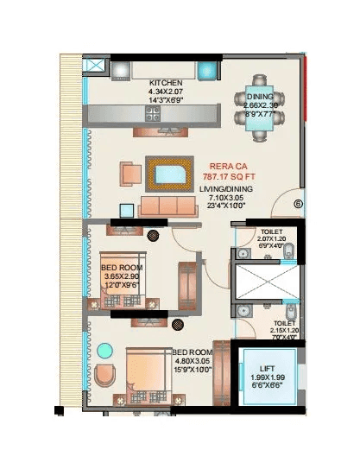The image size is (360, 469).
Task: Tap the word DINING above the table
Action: [x=260, y=96]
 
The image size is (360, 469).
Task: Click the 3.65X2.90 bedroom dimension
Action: [x=121, y=277]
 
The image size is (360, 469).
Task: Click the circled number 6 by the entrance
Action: [x=298, y=205]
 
